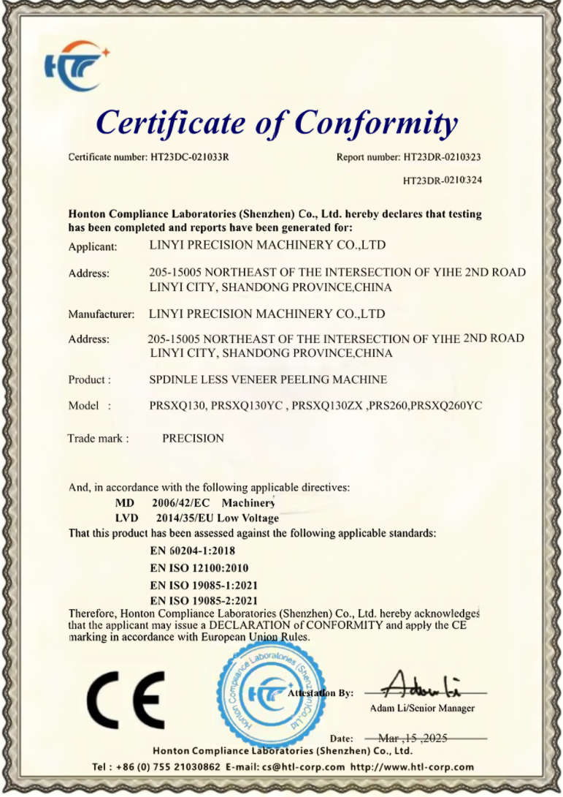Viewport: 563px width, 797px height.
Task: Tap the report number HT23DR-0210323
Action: click(441, 157)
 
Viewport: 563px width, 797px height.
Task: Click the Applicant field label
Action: click(92, 246)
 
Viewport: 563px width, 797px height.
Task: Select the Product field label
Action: click(89, 379)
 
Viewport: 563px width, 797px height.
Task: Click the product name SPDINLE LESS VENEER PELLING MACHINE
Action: click(267, 379)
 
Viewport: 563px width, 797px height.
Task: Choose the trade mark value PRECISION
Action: click(193, 439)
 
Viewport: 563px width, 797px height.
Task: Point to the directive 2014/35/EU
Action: click(183, 518)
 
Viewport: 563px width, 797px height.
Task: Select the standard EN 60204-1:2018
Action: click(193, 550)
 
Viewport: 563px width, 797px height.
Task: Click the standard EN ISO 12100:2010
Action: click(199, 567)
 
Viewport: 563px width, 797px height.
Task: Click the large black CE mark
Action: click(126, 699)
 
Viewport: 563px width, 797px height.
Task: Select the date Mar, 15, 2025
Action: click(413, 739)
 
